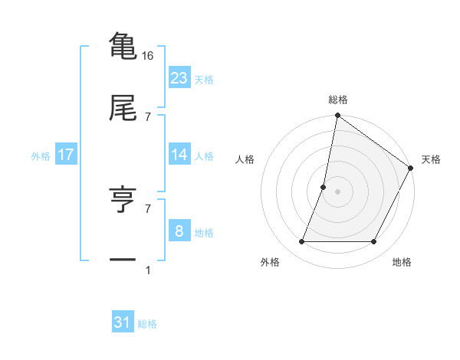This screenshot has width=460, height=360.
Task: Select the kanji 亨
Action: point(123,200)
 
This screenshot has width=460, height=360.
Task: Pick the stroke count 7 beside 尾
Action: point(148,116)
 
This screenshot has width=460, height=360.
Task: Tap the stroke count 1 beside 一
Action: point(148,270)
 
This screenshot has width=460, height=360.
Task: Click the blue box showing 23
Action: point(179,78)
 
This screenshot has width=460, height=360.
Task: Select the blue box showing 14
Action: point(179,155)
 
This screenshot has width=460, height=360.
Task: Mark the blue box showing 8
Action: point(179,231)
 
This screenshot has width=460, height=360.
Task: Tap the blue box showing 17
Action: point(66,155)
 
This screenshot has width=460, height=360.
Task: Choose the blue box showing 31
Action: point(123,322)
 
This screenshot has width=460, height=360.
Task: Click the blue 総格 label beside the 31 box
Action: point(147,324)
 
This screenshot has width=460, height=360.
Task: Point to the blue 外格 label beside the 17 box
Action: point(41,156)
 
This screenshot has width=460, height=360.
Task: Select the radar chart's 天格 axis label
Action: point(431,159)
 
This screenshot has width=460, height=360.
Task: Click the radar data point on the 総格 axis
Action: point(337,116)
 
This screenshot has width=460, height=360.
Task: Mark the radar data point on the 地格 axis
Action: point(374,242)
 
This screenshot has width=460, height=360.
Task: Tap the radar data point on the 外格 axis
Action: point(301,242)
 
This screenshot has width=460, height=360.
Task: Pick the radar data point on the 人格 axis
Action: point(324,187)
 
